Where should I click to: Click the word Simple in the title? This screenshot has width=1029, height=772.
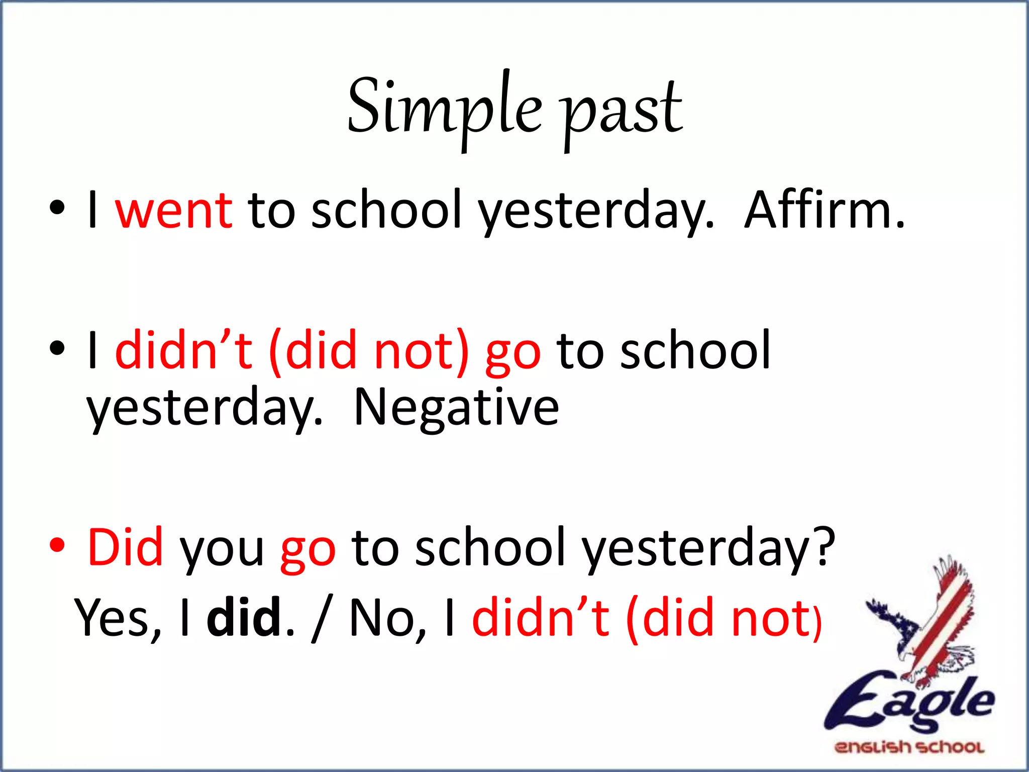445,108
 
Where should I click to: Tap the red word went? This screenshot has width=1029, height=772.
173,210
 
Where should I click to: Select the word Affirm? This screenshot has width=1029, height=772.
824,210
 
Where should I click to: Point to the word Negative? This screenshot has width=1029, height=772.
456,407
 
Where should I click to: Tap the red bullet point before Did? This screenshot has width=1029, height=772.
57,546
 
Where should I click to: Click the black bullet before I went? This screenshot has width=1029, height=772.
57,208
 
